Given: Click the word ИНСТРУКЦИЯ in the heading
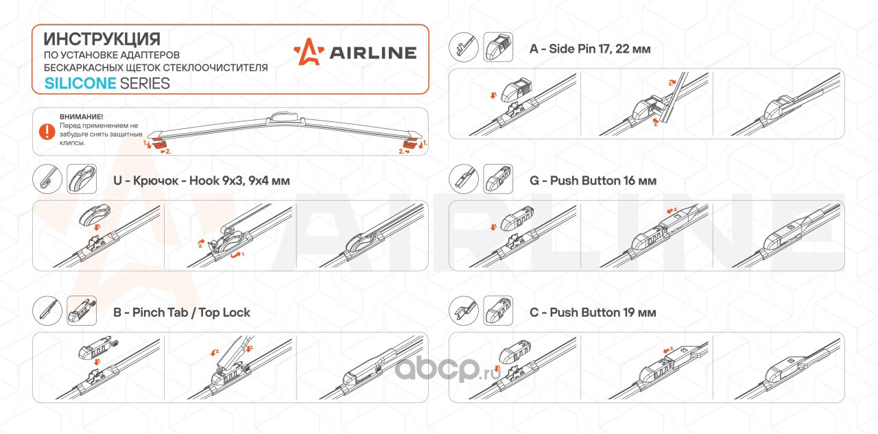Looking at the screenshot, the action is pos(102,38).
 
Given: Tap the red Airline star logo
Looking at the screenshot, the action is pos(307,53).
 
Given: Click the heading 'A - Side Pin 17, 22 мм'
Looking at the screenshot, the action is pos(590,49).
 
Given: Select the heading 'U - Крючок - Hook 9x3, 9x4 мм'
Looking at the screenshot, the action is pos(201,181).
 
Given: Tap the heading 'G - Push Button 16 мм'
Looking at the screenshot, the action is pos(593,181).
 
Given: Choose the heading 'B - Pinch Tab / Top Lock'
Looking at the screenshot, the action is pos(181,313).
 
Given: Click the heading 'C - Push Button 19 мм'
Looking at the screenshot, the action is pos(593,313).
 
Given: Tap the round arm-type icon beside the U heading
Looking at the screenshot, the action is pos(47,180).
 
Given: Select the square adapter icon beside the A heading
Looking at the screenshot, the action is pos(499,47).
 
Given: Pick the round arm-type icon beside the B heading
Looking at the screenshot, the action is pos(47,311).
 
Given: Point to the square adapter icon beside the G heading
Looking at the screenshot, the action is pos(499,179).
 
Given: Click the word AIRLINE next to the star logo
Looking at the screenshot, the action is pos(373,53).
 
